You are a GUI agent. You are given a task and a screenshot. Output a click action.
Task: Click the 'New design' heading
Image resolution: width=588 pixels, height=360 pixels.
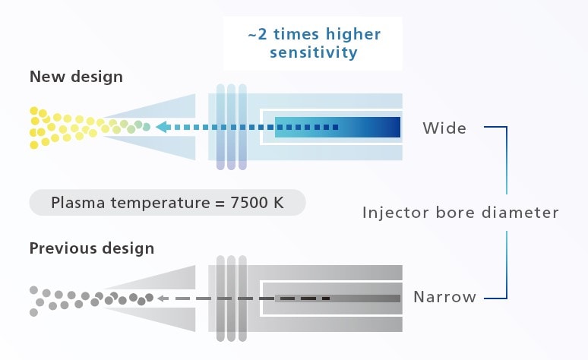pos(76,77)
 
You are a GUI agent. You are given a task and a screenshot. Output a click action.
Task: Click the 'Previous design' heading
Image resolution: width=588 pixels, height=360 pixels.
pos(92,248)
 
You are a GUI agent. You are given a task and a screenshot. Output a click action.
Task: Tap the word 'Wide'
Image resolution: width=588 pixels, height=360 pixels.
pos(444,128)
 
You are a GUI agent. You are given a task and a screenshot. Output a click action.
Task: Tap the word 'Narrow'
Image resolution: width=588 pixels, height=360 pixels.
pos(444,297)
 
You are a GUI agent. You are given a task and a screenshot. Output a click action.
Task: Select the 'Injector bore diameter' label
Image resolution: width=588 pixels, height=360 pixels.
pos(460,213)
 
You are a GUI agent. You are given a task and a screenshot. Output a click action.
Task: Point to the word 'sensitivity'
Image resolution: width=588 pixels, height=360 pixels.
pos(314,52)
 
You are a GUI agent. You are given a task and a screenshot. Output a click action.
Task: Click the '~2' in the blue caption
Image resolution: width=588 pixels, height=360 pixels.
pos(258,34)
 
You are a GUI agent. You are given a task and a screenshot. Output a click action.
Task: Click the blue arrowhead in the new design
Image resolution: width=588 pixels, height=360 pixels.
pos(163,127)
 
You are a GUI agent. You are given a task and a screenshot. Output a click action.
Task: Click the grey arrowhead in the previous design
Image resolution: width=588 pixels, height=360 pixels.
pos(163,298)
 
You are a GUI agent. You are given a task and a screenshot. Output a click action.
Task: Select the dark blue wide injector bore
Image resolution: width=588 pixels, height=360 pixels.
pos(337,127)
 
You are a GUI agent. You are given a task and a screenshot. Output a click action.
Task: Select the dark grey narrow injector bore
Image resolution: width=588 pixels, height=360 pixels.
pos(337,298)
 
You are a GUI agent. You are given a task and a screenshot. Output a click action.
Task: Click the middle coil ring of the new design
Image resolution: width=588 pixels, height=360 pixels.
pos(232,127)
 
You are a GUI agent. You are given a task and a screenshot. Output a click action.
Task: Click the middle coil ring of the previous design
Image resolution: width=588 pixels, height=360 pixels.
pos(232,298)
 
